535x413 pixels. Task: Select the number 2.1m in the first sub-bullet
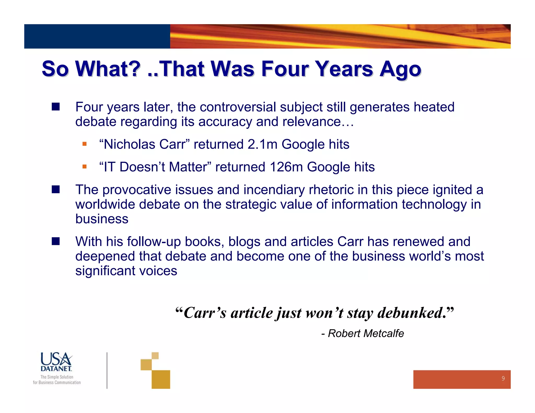tap(262, 144)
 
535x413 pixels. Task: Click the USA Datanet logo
tap(56, 362)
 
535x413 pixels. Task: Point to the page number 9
tap(503, 379)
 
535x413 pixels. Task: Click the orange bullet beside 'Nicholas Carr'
tap(84, 144)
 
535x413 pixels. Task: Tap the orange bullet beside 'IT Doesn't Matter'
tap(84, 167)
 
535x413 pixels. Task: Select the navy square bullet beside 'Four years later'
tap(56, 107)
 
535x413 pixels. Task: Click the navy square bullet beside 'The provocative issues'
tap(56, 190)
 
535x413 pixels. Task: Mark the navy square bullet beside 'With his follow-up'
tap(56, 241)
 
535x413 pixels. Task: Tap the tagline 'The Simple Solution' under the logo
tap(57, 377)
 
